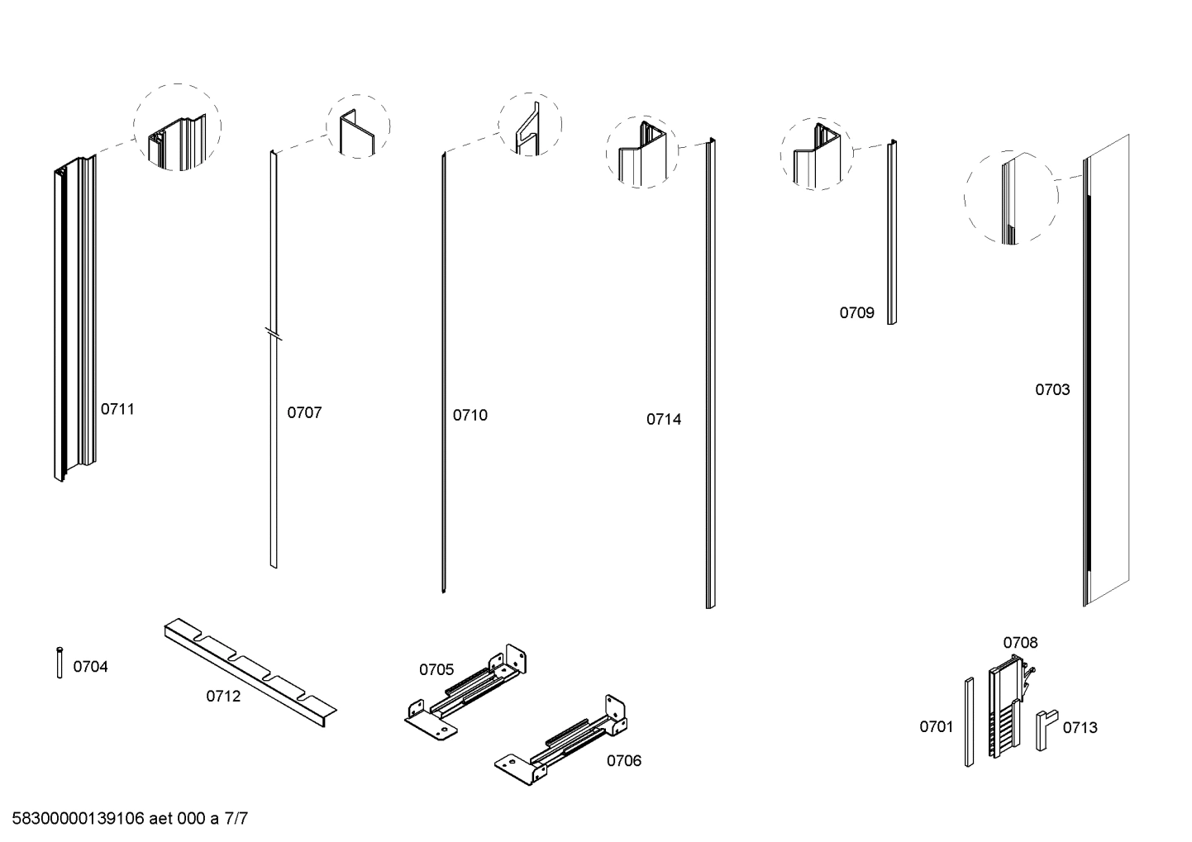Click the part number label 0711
pos(117,409)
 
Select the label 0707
pos(304,412)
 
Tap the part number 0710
pos(470,415)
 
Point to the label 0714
pos(664,419)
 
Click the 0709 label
pos(856,312)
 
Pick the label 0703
pos(1052,389)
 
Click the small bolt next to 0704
pos(60,663)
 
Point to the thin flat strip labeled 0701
pos(969,721)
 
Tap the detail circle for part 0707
pos(359,126)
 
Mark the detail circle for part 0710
pos(530,126)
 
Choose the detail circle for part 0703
pos(1011,197)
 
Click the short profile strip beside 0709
pos(892,232)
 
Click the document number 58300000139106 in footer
pos(79,819)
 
